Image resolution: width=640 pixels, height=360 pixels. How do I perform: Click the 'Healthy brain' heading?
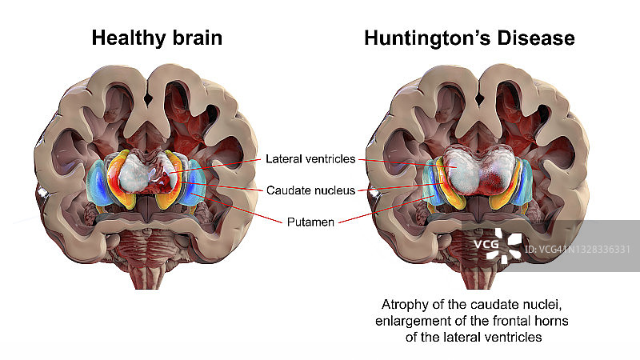click(x=156, y=38)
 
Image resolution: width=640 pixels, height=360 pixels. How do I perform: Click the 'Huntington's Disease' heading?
click(x=470, y=38)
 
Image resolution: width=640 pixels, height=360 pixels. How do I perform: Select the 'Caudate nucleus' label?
click(x=309, y=190)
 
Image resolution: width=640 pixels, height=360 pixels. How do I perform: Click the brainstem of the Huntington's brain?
click(x=470, y=268)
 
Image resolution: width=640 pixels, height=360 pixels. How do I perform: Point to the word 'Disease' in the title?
click(x=538, y=38)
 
